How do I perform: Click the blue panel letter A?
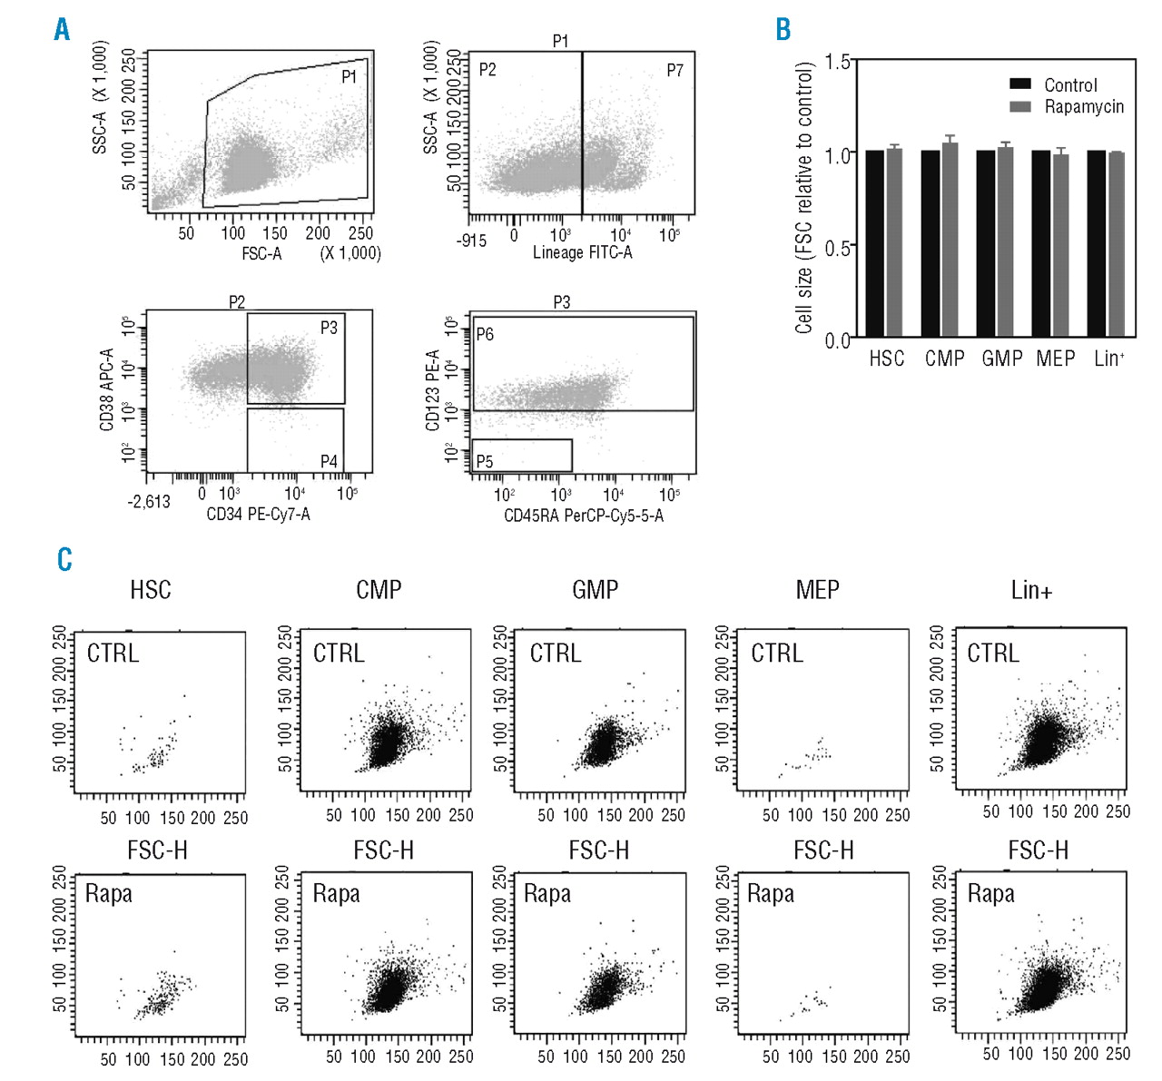tap(62, 29)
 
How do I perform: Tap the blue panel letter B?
tap(783, 29)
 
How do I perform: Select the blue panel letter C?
tap(64, 558)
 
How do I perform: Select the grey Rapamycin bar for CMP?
tap(950, 240)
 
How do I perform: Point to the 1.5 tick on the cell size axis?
tap(839, 62)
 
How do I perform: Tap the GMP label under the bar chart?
tap(1001, 359)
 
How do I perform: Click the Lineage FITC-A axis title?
tap(582, 252)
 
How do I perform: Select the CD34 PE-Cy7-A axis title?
tap(258, 515)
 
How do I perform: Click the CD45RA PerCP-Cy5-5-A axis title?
tap(583, 516)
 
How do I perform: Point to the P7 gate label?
tap(675, 71)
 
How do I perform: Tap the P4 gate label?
tap(329, 461)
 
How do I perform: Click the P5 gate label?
tap(485, 461)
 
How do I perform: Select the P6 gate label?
tap(485, 334)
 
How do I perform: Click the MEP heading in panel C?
tap(817, 590)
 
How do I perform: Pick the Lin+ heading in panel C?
tap(1031, 590)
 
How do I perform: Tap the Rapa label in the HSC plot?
tap(109, 893)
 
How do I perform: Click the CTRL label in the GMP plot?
tap(555, 653)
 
